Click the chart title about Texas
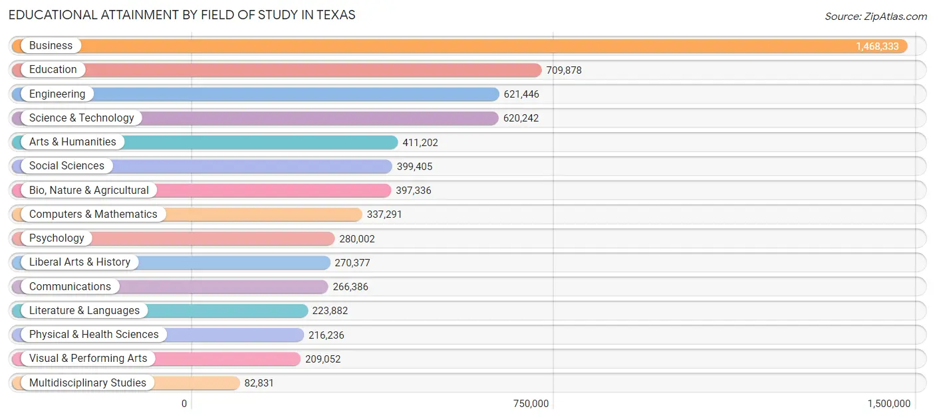[x=182, y=15]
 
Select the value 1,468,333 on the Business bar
[x=877, y=46]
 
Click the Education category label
[x=53, y=70]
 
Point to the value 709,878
[x=564, y=70]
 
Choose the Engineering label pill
[x=57, y=94]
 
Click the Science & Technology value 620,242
[x=521, y=118]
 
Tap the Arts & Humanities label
[x=72, y=142]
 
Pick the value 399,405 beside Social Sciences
[x=414, y=167]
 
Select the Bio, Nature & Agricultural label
[x=88, y=191]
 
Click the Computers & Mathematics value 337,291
[x=384, y=214]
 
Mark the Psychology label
[x=57, y=238]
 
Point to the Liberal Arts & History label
[x=80, y=262]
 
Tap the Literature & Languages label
[x=84, y=311]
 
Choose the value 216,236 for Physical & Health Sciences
[x=327, y=335]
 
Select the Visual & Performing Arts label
[x=88, y=359]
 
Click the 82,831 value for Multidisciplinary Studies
[x=259, y=383]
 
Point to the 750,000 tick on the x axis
[x=531, y=404]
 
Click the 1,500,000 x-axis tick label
[x=888, y=404]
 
